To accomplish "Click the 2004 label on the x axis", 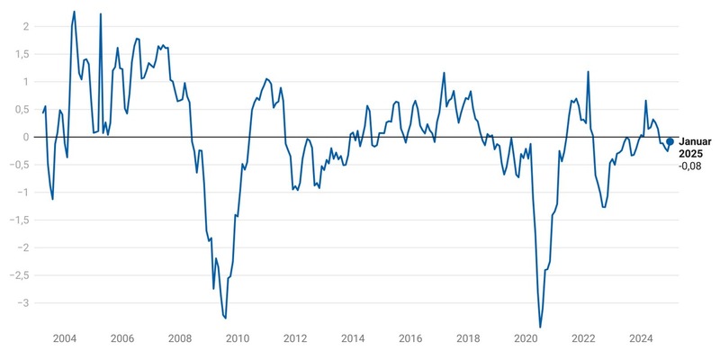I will tap(64, 339).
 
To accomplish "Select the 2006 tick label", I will tap(121, 339).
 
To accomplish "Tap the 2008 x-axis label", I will tap(179, 339).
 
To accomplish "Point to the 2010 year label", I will tap(237, 339).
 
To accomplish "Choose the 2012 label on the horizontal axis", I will tap(295, 339).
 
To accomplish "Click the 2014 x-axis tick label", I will tap(353, 339).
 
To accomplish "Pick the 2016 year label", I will tap(410, 339).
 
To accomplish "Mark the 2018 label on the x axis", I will tap(468, 339).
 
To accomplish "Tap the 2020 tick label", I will tap(526, 339).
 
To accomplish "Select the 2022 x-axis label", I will tap(583, 339).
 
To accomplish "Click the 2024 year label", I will tap(641, 339).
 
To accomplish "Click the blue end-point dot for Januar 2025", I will tap(670, 141).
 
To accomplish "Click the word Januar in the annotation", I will tap(695, 142).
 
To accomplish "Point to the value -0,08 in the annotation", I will tap(690, 166).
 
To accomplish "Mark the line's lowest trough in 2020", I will tap(540, 328).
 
